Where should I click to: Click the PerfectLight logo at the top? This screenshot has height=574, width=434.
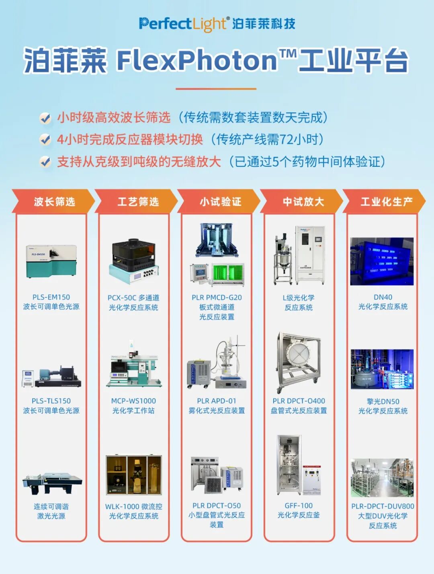(217, 24)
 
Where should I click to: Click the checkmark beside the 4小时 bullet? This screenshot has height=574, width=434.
(45, 139)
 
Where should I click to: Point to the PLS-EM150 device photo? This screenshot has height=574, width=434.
(51, 261)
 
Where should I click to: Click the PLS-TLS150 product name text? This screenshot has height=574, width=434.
(51, 401)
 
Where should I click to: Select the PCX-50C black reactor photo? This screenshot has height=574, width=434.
(134, 261)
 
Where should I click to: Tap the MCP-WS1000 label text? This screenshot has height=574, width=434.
(133, 401)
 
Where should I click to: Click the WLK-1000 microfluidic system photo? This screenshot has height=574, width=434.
(134, 476)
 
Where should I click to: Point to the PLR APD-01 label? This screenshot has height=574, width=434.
(217, 401)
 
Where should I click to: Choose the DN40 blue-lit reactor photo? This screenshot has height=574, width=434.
(382, 261)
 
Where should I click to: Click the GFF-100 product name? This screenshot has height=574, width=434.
(299, 506)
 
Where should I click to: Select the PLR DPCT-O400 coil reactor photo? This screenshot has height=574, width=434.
(298, 363)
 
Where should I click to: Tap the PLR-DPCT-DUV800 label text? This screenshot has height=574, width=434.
(383, 506)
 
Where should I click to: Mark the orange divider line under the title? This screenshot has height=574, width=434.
(216, 89)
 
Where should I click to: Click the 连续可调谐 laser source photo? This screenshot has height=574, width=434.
(52, 483)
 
